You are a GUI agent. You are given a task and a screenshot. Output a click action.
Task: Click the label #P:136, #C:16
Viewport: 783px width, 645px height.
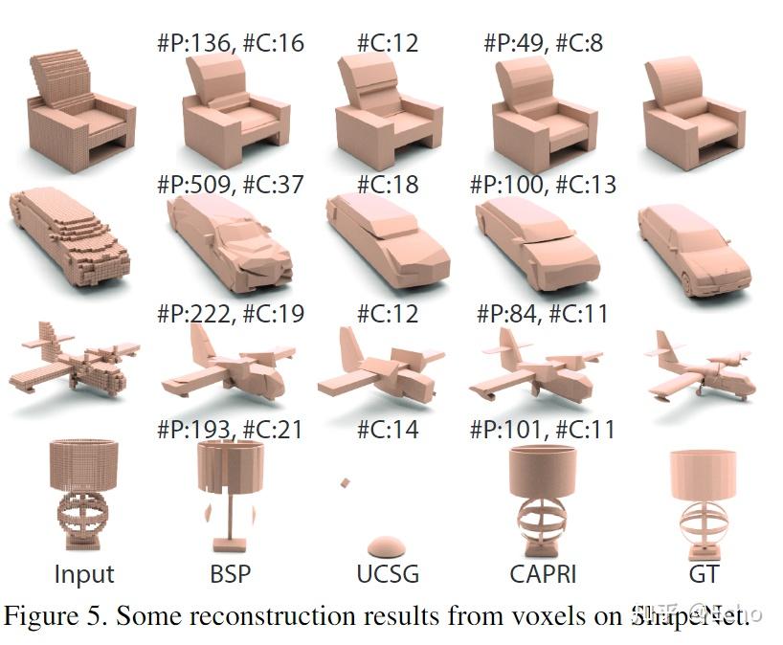(x=230, y=43)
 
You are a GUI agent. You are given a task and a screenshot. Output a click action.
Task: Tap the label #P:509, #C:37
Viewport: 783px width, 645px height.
(x=230, y=183)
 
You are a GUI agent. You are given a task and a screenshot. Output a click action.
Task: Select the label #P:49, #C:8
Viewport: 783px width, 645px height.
(x=543, y=43)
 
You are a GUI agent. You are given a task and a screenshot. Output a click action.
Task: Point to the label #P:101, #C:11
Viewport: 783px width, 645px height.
(x=543, y=429)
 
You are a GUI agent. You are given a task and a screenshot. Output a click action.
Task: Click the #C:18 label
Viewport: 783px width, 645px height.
(x=388, y=183)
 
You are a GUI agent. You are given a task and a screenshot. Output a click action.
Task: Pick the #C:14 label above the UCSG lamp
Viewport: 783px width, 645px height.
(x=388, y=429)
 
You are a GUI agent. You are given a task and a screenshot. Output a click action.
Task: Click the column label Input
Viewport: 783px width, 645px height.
(x=84, y=574)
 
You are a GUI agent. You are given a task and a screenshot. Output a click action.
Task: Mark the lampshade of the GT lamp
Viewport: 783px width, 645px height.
(x=704, y=474)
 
